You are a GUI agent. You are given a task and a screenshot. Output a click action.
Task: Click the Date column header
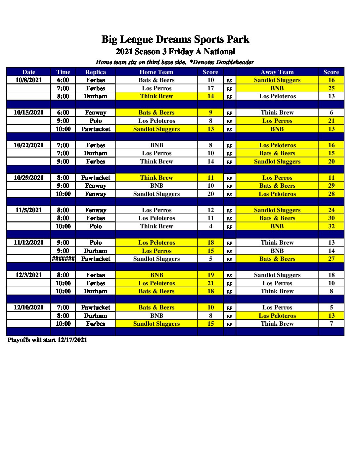point(29,72)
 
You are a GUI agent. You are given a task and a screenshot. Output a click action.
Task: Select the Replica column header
point(96,72)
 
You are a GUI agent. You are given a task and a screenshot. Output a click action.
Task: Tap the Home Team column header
point(157,72)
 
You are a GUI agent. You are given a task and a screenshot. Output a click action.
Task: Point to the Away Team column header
point(277,72)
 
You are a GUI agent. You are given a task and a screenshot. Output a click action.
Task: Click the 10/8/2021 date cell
point(29,80)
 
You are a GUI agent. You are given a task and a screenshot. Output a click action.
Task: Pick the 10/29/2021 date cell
point(29,178)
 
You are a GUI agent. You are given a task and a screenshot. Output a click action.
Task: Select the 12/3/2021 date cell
point(29,275)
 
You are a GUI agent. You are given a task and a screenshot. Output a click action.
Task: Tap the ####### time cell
point(63,259)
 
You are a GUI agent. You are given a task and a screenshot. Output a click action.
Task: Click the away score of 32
point(331,226)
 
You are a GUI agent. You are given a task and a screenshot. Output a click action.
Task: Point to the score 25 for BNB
point(331,88)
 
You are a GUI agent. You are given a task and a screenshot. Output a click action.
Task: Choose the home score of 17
point(210,88)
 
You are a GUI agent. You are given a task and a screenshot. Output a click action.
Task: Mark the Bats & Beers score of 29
point(331,186)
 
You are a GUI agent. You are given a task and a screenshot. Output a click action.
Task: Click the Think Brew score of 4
point(210,226)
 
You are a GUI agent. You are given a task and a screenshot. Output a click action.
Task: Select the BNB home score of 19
point(210,275)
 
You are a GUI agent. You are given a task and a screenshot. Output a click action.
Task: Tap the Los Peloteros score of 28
point(331,194)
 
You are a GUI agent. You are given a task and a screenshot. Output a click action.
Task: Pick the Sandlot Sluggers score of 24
point(331,210)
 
